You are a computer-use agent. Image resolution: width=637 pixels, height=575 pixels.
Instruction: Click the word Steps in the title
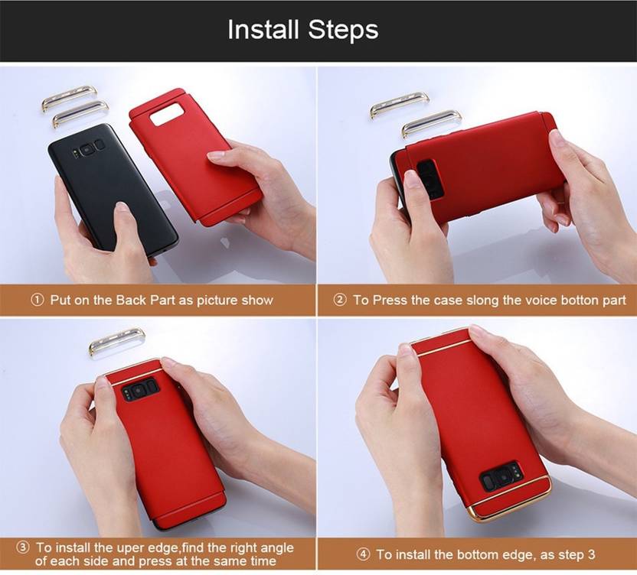(x=343, y=29)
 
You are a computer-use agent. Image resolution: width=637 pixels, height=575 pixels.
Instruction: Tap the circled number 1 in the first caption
(x=38, y=300)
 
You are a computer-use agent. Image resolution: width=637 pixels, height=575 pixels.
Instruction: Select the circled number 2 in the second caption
(x=340, y=300)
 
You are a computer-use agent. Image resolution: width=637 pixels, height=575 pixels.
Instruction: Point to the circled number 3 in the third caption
(x=23, y=547)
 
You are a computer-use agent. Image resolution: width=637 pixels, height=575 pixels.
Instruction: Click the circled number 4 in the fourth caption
(x=364, y=554)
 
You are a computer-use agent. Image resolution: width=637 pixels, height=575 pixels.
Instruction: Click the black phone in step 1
(x=113, y=190)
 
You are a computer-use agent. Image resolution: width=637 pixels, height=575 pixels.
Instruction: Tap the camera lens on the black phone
(x=87, y=150)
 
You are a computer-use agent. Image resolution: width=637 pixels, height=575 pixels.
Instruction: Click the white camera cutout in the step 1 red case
(x=165, y=114)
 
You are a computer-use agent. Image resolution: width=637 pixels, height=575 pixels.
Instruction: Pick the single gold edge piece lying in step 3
(x=116, y=341)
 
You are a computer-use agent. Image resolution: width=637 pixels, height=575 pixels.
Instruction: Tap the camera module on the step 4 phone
(x=501, y=478)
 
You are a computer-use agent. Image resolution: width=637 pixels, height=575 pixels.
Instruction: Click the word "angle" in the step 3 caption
(x=276, y=549)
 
